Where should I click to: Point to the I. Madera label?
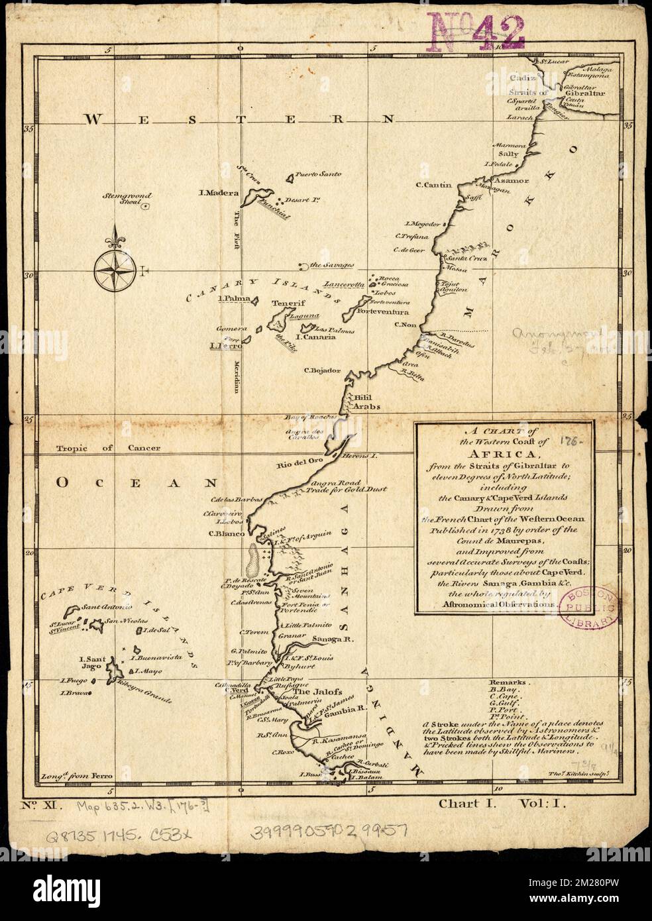(x=219, y=193)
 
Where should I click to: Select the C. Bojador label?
(x=322, y=370)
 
